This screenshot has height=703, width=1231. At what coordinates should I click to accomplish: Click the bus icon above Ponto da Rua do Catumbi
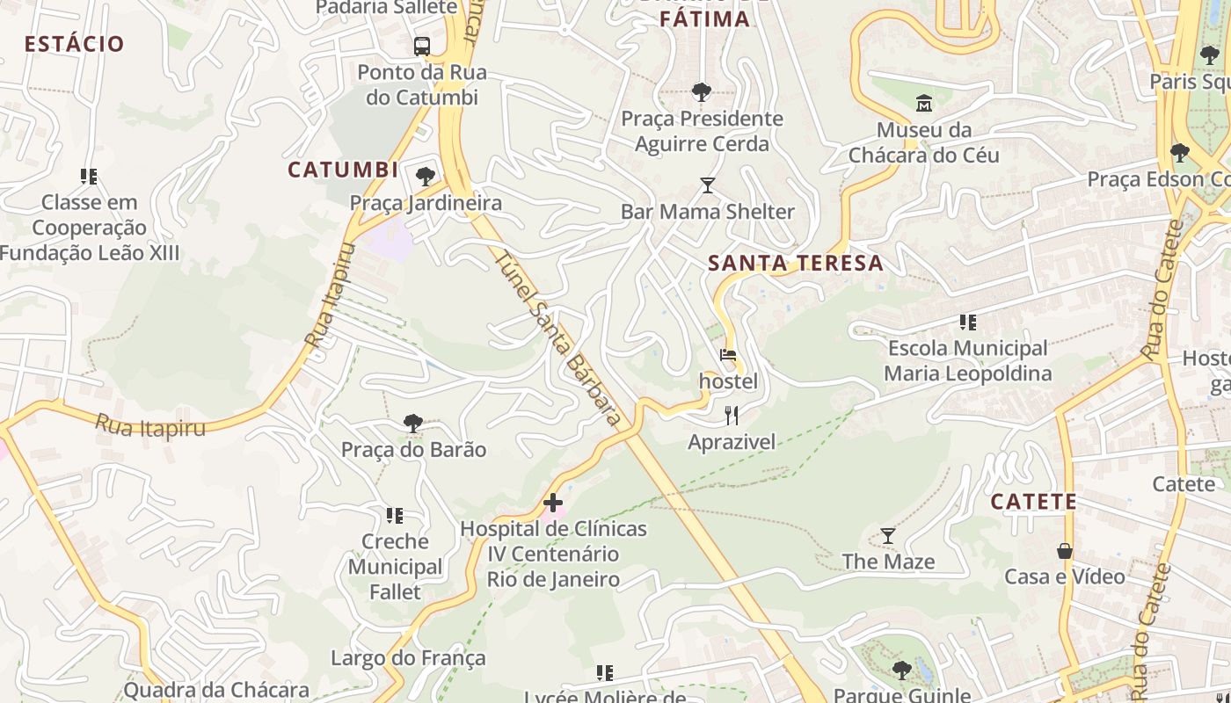(x=422, y=46)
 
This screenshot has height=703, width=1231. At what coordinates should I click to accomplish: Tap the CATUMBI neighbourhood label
(x=343, y=170)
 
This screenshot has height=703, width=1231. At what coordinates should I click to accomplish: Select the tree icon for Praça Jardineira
(x=426, y=177)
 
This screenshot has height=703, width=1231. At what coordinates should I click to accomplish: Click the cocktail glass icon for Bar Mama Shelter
(x=708, y=185)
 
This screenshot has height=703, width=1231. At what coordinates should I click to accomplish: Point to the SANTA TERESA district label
(x=796, y=263)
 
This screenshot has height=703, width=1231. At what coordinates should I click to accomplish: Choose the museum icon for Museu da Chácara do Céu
(x=924, y=104)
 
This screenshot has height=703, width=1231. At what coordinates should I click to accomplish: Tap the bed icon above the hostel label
(x=728, y=355)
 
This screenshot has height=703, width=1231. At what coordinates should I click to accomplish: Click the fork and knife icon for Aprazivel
(x=732, y=415)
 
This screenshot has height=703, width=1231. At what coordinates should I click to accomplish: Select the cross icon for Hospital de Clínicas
(x=553, y=503)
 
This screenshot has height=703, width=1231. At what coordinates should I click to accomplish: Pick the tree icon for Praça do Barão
(x=413, y=424)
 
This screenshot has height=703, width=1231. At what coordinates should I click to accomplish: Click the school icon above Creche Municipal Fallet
(x=395, y=515)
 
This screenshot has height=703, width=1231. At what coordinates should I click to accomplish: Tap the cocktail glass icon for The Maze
(x=888, y=535)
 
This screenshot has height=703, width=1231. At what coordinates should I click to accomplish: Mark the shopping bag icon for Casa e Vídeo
(x=1065, y=551)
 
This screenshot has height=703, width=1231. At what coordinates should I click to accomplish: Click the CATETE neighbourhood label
(x=1034, y=502)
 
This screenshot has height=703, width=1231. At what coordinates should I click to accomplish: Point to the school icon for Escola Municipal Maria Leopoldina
(x=968, y=323)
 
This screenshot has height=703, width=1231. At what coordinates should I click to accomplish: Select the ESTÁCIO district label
(x=74, y=44)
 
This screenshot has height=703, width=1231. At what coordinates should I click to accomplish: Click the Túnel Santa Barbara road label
(x=558, y=339)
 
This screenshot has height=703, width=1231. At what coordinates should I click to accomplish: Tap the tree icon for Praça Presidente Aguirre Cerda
(x=702, y=91)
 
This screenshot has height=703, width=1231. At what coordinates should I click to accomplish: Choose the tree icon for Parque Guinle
(x=901, y=670)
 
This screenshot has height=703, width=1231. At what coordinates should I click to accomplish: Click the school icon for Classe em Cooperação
(x=89, y=177)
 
